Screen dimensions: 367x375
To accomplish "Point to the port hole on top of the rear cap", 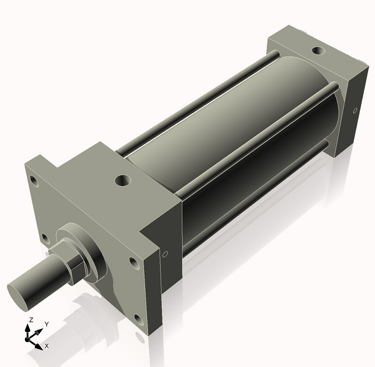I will point(318,50).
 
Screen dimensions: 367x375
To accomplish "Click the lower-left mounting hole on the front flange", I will point(45,237).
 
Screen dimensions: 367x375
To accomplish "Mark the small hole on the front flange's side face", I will point(165,255).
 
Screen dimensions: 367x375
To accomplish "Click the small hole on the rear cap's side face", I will point(355,110).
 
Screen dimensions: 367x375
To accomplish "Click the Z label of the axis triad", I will point(29,320).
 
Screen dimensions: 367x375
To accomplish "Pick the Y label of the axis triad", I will point(46,325).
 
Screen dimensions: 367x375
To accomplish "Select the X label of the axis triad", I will point(47,345).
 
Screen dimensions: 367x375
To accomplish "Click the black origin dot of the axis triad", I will point(28,338).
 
